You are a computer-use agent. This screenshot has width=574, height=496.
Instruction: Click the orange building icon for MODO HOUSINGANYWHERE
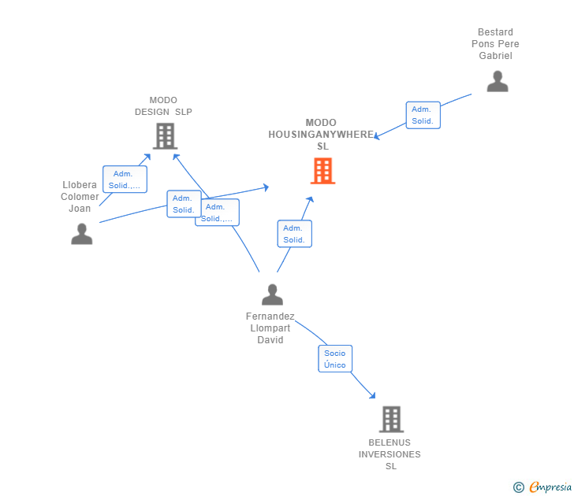(x=322, y=171)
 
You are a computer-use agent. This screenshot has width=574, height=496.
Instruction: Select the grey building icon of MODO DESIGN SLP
(x=164, y=136)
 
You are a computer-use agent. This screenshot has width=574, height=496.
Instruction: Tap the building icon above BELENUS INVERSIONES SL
(x=391, y=420)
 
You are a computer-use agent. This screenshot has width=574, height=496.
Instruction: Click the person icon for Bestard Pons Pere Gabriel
(x=497, y=81)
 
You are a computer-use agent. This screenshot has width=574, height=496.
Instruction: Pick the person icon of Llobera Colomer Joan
(x=81, y=234)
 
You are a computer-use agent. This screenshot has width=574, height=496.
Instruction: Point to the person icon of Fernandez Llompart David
(x=272, y=294)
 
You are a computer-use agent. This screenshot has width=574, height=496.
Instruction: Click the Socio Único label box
(x=335, y=359)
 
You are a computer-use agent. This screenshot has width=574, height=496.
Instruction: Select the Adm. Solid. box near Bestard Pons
(x=423, y=115)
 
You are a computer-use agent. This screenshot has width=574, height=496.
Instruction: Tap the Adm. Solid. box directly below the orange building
(x=294, y=234)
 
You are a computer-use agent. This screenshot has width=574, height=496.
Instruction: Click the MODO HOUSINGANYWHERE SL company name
(x=321, y=135)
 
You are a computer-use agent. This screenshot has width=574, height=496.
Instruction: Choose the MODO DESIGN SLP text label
(x=163, y=106)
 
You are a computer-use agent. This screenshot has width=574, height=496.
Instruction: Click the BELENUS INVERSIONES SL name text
(x=390, y=454)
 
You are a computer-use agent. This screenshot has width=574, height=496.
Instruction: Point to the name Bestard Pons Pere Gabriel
(x=495, y=44)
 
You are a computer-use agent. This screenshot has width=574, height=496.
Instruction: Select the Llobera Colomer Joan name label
(x=80, y=197)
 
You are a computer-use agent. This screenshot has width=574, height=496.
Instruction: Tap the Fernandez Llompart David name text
(x=270, y=328)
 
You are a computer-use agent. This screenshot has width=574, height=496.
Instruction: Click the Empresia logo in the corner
(x=550, y=487)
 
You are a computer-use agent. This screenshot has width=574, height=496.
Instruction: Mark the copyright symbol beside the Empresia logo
(x=519, y=487)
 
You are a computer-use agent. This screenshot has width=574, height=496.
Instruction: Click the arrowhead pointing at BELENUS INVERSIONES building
(x=372, y=396)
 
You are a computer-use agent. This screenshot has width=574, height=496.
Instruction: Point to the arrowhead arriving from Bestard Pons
(x=376, y=138)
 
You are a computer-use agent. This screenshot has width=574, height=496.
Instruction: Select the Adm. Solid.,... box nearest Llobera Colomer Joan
(x=125, y=180)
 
